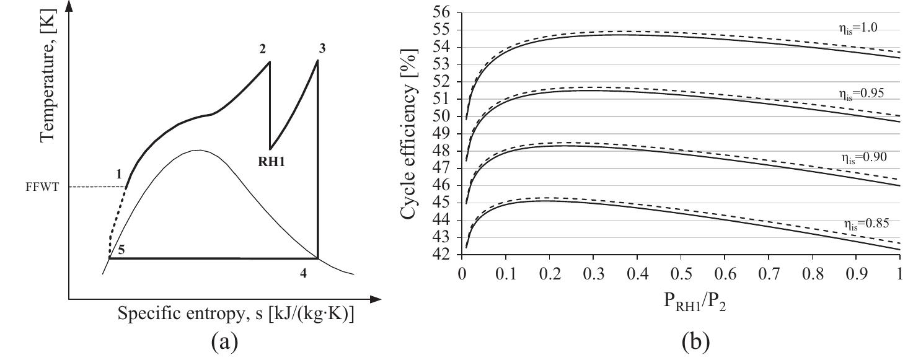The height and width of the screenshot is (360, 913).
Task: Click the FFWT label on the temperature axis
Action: [x=42, y=187]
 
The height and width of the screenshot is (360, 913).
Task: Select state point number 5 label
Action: [x=121, y=250]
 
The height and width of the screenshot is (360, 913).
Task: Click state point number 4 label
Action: [x=303, y=273]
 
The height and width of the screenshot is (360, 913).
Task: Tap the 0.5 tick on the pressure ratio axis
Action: [x=681, y=273]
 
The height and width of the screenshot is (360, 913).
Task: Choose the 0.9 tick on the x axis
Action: [x=855, y=273]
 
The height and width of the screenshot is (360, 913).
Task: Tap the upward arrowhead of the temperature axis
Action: [x=69, y=6]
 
